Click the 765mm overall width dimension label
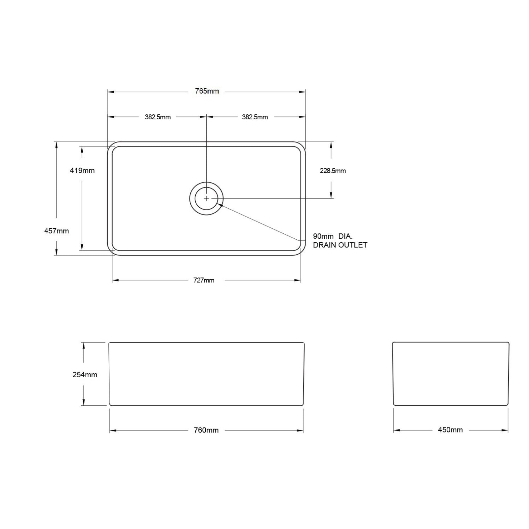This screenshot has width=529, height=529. tap(207, 91)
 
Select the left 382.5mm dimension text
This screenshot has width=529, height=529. tap(158, 117)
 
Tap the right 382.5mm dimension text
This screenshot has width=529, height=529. tap(255, 117)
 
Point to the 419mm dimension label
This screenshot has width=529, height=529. tap(82, 171)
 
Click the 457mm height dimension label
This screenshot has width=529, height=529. tap(57, 231)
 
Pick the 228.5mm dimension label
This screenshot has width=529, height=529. tap(333, 171)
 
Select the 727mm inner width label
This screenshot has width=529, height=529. tap(204, 280)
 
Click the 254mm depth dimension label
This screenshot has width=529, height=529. tap(85, 375)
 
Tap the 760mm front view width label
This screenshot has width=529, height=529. tap(206, 430)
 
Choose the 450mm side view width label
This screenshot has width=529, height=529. tap(450, 430)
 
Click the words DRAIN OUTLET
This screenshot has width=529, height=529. tap(340, 245)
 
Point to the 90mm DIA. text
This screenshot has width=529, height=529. tap(333, 236)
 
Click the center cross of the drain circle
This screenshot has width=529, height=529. tap(206, 198)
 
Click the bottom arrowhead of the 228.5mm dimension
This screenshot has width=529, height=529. tap(331, 195)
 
